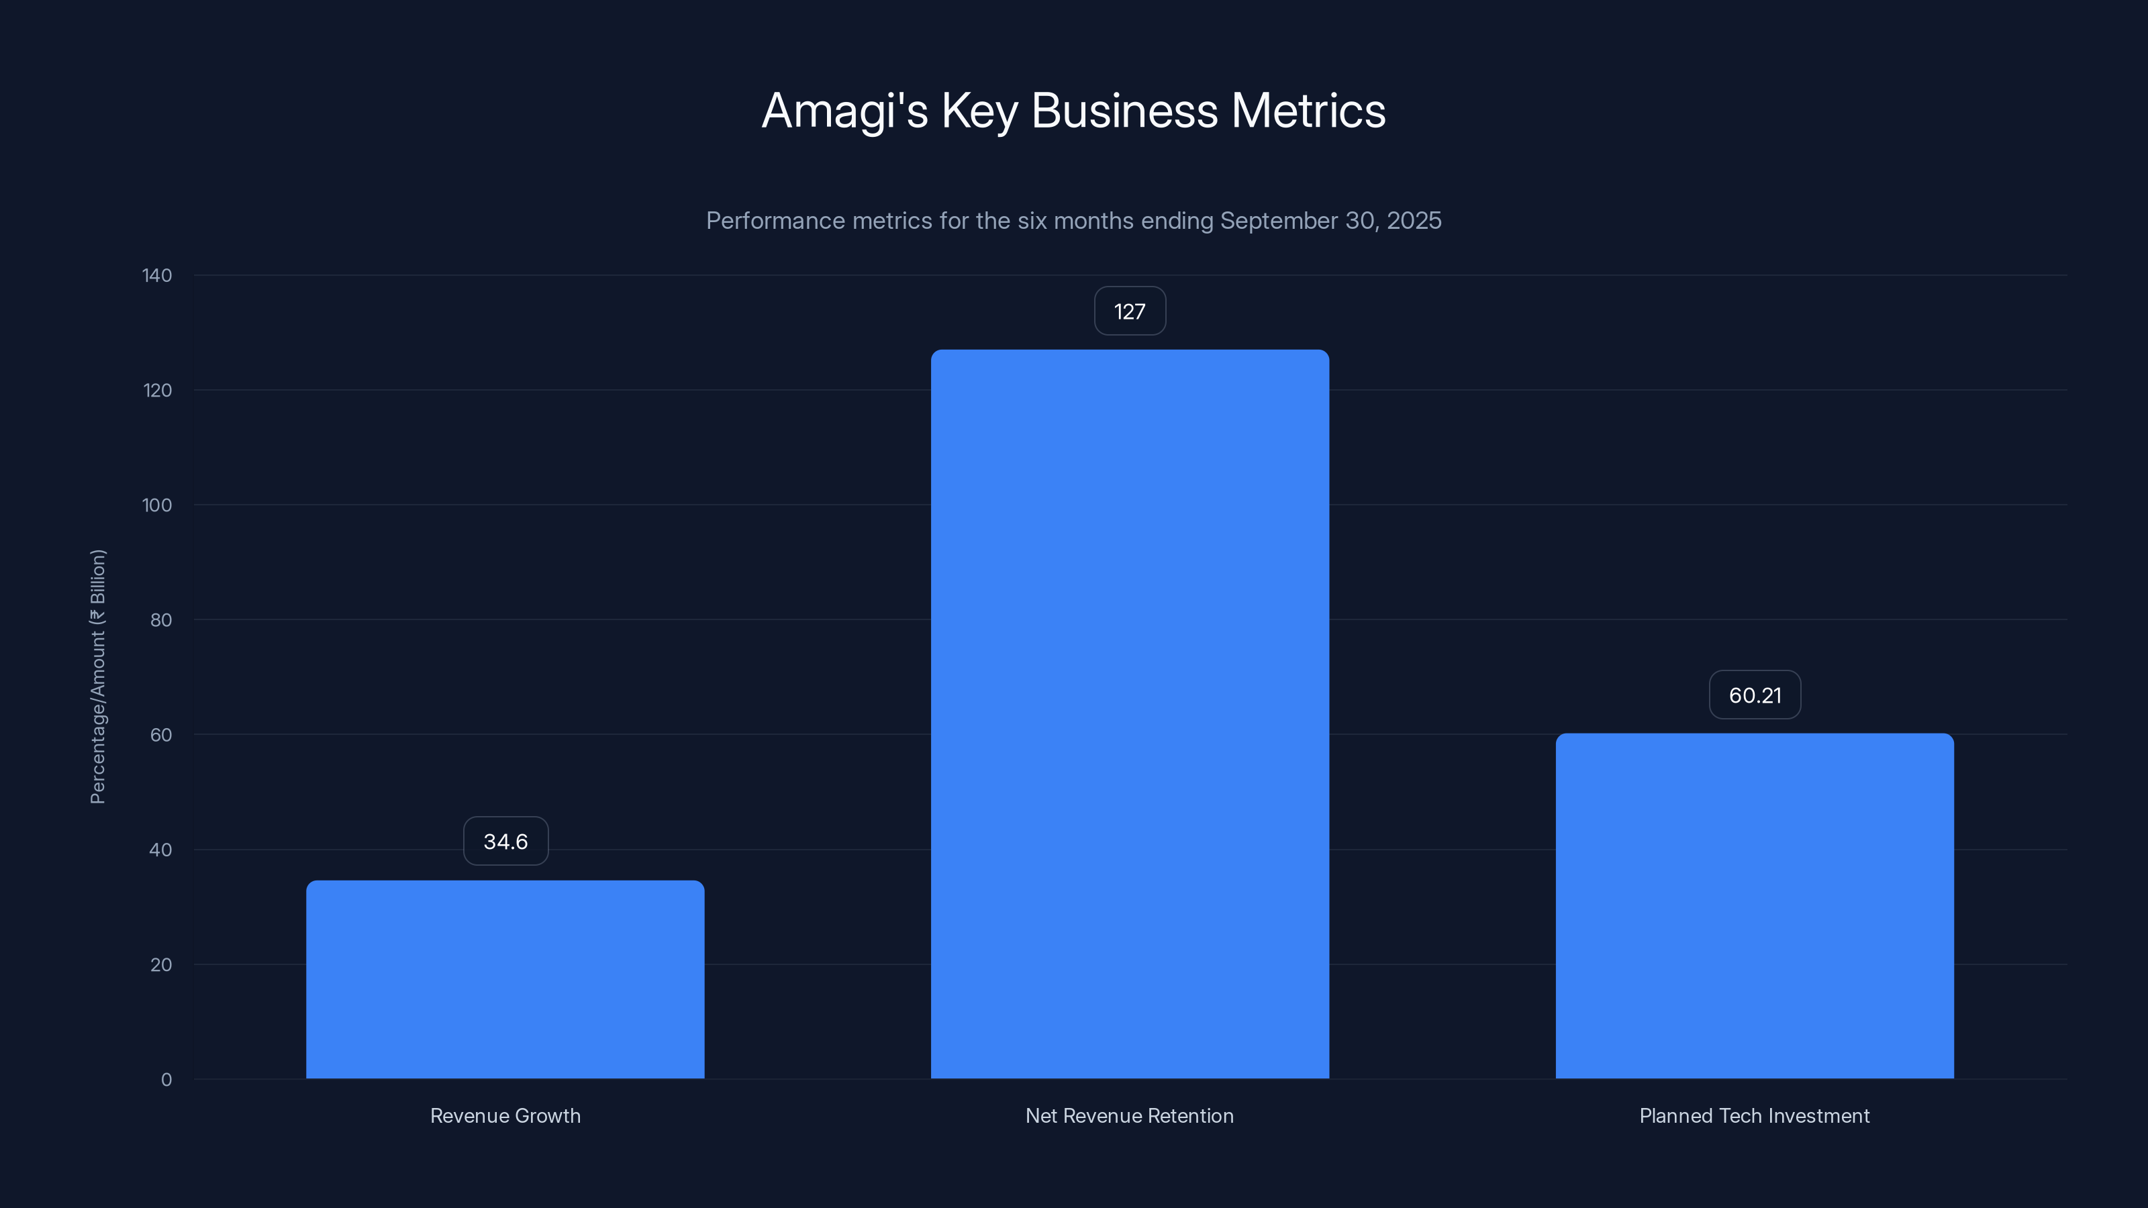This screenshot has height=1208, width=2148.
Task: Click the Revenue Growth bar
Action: coord(505,980)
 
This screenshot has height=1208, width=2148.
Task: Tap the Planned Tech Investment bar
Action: coord(1755,906)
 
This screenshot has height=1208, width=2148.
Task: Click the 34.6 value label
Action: coord(505,841)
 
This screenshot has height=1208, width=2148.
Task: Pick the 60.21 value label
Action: coord(1755,695)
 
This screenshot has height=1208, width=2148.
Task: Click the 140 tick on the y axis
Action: coord(157,275)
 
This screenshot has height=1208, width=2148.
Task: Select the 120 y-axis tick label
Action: coord(157,390)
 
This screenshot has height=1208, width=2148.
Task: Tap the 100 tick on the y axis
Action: coord(157,505)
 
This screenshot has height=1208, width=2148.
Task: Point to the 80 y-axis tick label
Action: coord(160,620)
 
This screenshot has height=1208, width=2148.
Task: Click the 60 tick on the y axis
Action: coord(160,734)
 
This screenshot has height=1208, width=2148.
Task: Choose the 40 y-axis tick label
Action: coord(160,850)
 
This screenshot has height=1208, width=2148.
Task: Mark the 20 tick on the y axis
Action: coord(160,964)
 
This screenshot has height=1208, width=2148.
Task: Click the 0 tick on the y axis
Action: coord(166,1080)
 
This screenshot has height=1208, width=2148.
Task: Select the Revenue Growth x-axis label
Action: coord(505,1115)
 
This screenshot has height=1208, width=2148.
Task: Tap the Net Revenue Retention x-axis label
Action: coord(1129,1115)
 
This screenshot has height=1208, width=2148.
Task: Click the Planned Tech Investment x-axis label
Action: coord(1755,1115)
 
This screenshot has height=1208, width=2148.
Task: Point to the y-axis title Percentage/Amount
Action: coord(97,676)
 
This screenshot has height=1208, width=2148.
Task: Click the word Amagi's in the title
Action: coord(844,111)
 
